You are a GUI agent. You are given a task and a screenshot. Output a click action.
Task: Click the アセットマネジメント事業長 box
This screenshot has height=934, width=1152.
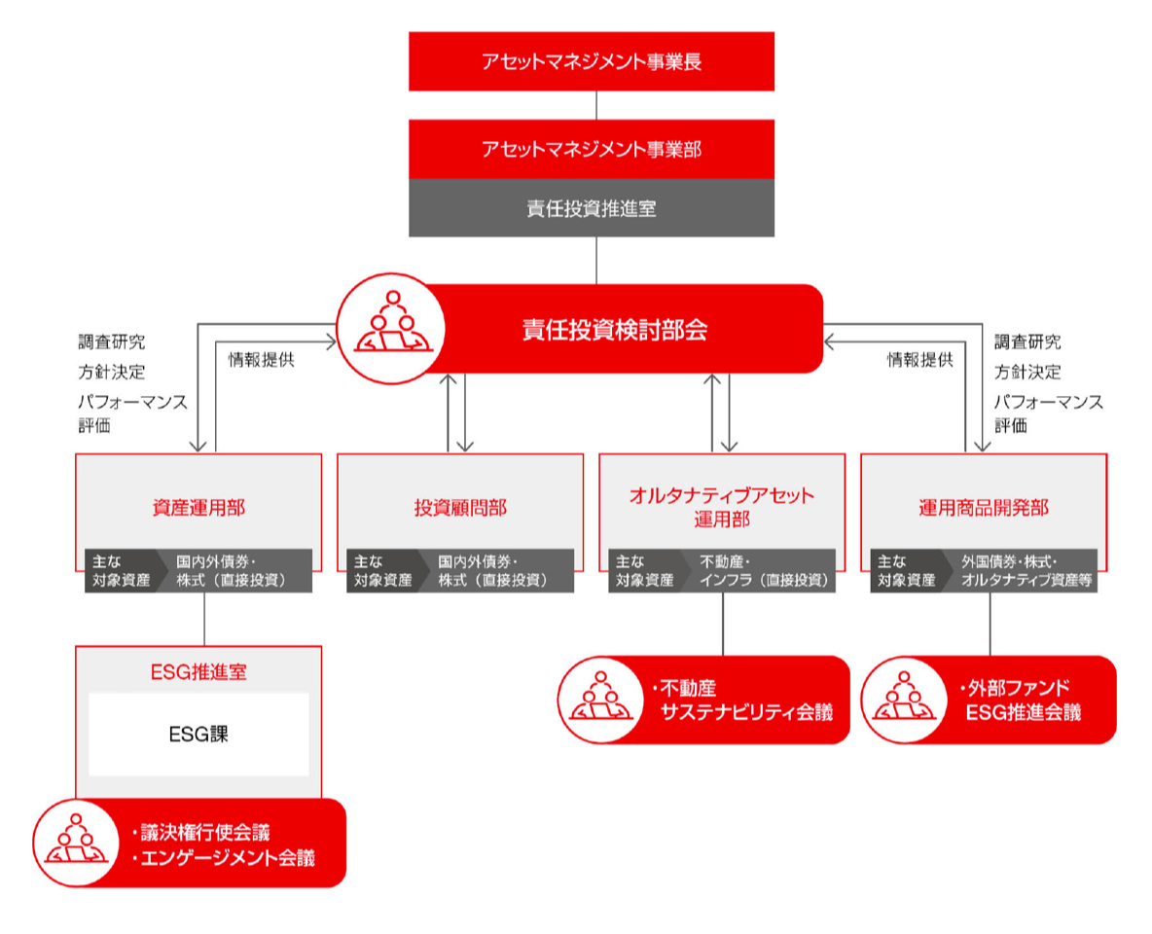(592, 61)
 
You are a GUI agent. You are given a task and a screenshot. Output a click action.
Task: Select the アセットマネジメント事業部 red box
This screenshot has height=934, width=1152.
(592, 149)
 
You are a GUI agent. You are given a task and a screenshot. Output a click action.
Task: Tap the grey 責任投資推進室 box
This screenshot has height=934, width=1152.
(592, 208)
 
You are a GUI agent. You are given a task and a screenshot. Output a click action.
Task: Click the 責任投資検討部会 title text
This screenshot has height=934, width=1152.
(615, 330)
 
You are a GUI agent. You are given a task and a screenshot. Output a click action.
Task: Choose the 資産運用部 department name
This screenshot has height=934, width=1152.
(198, 508)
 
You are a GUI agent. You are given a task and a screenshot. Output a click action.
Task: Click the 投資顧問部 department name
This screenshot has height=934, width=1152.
(460, 508)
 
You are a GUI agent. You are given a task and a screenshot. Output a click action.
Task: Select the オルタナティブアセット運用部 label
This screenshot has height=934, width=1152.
(722, 507)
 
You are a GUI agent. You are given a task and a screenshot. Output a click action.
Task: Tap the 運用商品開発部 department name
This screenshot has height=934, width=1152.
(984, 508)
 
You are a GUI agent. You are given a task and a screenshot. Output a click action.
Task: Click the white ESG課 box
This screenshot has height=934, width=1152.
(198, 735)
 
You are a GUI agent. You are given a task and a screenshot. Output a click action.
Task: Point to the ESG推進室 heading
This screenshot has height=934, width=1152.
(198, 671)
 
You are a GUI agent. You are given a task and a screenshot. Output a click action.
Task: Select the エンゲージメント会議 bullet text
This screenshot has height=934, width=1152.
(224, 857)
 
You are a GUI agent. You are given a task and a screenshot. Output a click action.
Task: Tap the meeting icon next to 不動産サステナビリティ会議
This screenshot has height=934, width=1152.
(601, 700)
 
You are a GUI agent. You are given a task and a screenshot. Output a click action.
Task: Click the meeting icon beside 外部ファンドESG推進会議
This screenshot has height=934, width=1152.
(905, 700)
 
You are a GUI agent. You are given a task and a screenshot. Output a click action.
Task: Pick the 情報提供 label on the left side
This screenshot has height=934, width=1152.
(262, 359)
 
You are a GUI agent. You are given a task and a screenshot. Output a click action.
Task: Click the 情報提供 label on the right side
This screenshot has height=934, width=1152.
(920, 359)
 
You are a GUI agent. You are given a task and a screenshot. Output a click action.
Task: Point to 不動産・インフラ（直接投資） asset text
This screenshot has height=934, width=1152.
(764, 571)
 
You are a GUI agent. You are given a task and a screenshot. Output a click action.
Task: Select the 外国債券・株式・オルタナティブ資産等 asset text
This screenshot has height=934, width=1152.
(1026, 571)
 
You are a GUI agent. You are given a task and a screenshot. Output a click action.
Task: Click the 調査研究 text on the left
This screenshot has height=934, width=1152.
(112, 341)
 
